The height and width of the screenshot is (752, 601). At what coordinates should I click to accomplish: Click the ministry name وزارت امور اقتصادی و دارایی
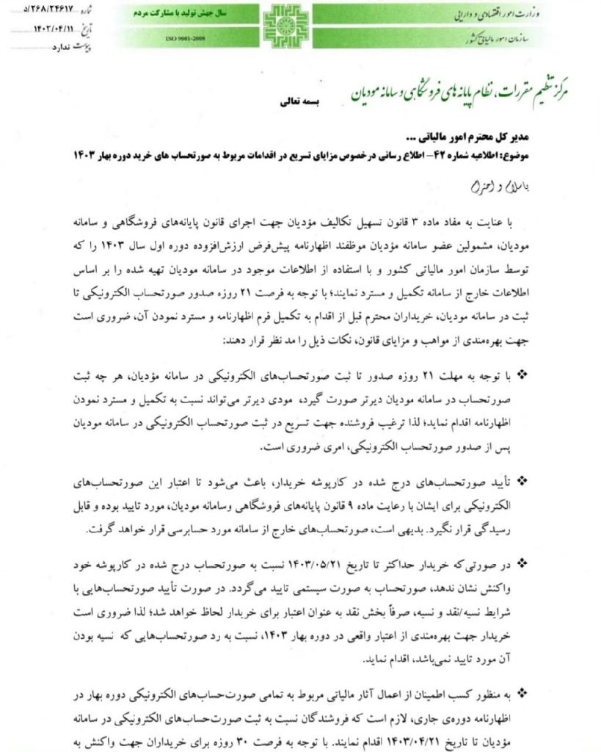[507, 15]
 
